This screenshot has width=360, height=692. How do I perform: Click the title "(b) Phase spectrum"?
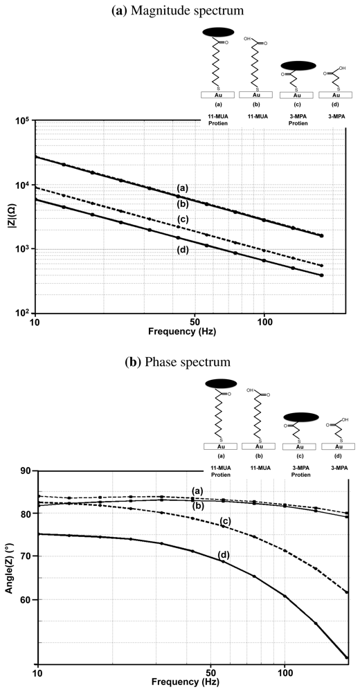click(x=180, y=362)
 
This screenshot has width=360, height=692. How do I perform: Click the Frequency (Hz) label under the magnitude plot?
click(x=182, y=331)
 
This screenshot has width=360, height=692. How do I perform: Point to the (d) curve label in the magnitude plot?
click(x=184, y=241)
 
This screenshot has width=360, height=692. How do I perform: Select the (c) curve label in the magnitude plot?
click(x=183, y=220)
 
